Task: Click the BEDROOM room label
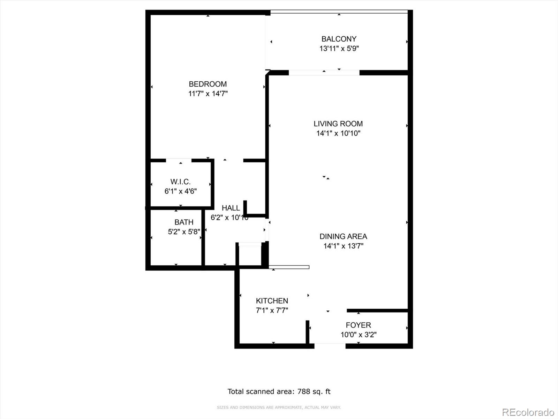(208, 84)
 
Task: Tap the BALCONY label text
(339, 39)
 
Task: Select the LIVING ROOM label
(338, 124)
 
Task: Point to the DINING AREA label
(343, 236)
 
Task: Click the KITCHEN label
(272, 301)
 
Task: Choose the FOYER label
(358, 325)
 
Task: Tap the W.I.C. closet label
(180, 182)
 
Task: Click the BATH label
(184, 222)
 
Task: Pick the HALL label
(231, 208)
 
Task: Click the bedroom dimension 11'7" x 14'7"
(208, 94)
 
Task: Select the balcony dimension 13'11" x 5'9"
(339, 49)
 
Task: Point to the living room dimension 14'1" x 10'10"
(338, 133)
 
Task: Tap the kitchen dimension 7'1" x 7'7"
(272, 310)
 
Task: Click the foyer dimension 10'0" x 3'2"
(358, 335)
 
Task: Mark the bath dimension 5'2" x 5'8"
(184, 231)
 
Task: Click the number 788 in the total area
(304, 391)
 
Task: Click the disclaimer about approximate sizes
(279, 407)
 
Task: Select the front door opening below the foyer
(330, 346)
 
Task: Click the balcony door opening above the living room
(324, 73)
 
